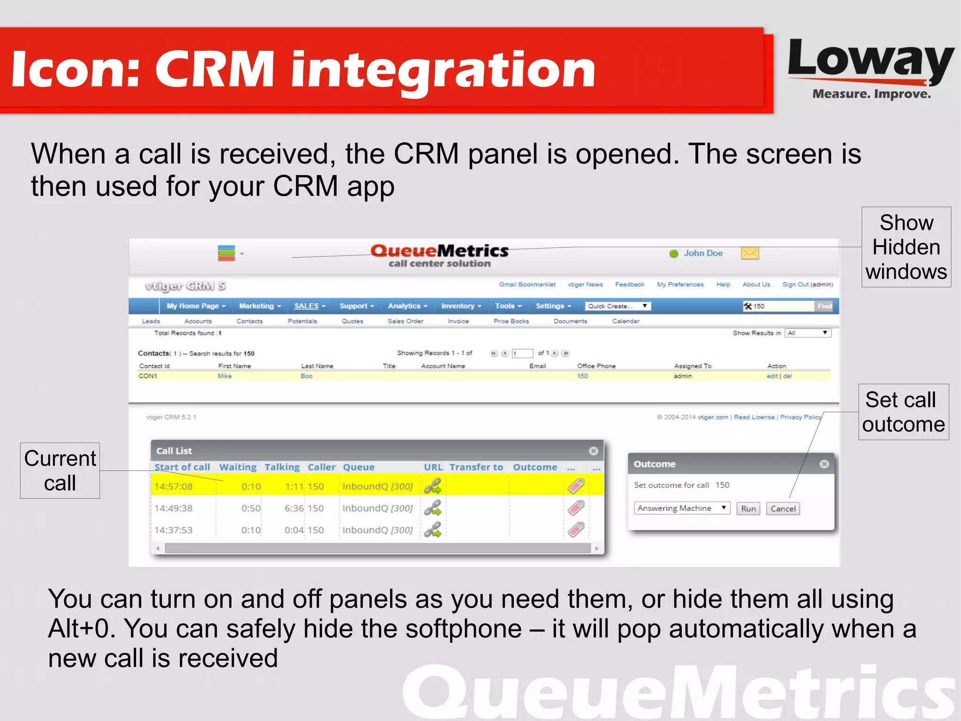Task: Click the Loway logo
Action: [870, 68]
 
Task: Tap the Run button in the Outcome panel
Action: [748, 509]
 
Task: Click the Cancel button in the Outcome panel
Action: [783, 509]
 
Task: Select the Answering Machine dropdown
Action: [682, 508]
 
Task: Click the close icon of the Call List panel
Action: [594, 451]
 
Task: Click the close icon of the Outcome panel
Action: [824, 464]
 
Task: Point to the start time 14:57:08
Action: [174, 487]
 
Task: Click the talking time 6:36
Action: [294, 508]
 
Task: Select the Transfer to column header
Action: [476, 467]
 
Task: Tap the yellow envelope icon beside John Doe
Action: [750, 254]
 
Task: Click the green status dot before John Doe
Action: [674, 254]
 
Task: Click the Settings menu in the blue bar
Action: [553, 306]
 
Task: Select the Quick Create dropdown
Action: [618, 306]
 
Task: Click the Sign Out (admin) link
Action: [807, 285]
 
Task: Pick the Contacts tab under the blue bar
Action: [249, 321]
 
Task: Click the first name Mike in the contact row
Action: [225, 376]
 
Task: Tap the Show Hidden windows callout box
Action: [906, 247]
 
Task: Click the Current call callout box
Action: [60, 471]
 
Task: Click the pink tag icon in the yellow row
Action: [576, 486]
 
